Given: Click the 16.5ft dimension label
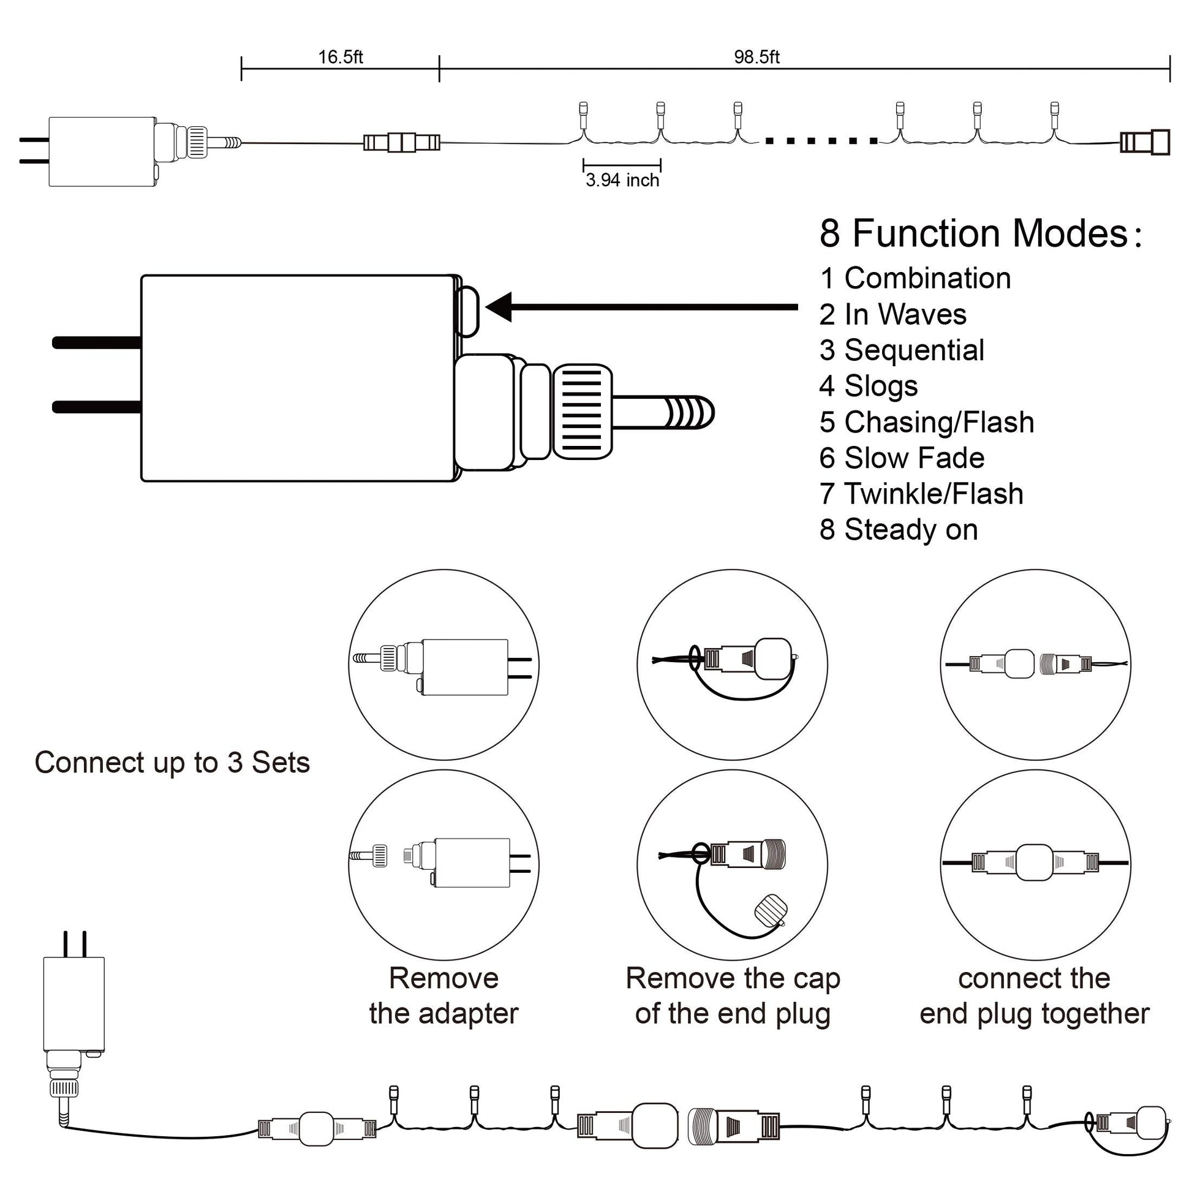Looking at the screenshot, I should [340, 58].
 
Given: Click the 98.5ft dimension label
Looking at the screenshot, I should [756, 58].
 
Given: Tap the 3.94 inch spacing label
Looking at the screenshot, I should [622, 180].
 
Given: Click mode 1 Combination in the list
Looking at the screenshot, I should [915, 278].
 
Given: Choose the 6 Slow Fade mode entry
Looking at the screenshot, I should [902, 458].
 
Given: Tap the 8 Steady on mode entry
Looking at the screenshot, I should [899, 530].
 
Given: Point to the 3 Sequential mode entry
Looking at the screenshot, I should [902, 350].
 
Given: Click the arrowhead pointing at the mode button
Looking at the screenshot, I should [500, 307].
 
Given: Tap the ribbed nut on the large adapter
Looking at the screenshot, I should [582, 412].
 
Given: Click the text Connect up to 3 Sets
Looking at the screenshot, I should [172, 763].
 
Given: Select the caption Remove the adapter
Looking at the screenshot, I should [443, 995].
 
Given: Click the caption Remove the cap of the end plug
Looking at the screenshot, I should [733, 995].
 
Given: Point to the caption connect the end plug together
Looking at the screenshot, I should [1034, 995].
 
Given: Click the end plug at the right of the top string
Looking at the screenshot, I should [1145, 143].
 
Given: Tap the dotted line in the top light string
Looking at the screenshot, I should [821, 141].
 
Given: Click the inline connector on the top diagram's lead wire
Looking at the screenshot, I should [402, 143].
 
